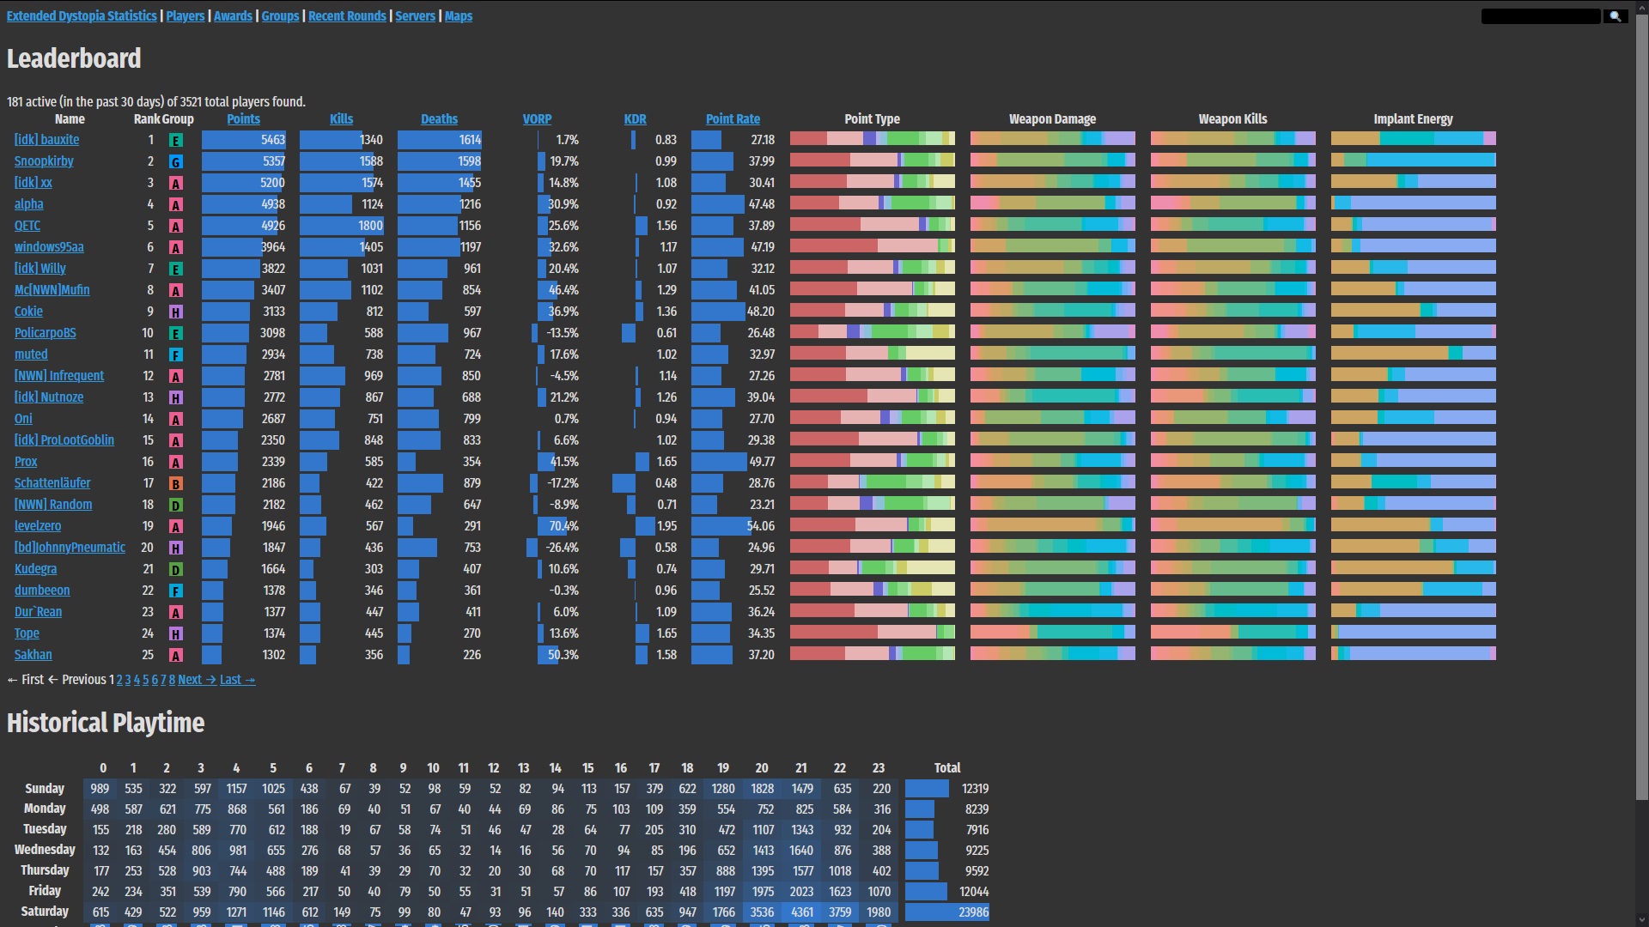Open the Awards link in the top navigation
(233, 16)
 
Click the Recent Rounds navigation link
(347, 16)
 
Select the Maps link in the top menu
(459, 16)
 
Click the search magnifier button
(1615, 16)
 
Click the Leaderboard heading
(74, 58)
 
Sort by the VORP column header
(537, 119)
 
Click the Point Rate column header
(733, 119)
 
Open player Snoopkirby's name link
(44, 161)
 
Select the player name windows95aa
(49, 247)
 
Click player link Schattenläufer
(52, 483)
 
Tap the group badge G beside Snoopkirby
(176, 162)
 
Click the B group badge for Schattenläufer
(176, 484)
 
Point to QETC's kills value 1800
(371, 226)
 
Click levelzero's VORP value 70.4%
(563, 526)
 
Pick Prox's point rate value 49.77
(761, 462)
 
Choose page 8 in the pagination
(172, 680)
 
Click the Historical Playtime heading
(106, 723)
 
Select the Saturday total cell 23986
(973, 912)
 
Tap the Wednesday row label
(45, 850)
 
